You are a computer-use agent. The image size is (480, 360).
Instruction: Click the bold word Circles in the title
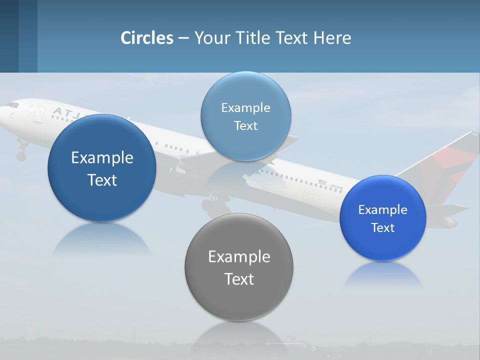pos(147,38)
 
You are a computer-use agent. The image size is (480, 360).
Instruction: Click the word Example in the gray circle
pos(239,256)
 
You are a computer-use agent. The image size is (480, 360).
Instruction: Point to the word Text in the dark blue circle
pos(102,180)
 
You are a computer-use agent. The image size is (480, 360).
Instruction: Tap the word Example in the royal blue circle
pos(383,209)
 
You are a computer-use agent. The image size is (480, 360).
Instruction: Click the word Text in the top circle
pos(245,125)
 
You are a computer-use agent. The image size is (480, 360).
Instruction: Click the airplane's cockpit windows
pos(12,105)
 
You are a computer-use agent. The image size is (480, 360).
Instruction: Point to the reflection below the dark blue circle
pos(102,240)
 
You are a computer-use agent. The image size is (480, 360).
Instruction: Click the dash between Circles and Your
pos(183,38)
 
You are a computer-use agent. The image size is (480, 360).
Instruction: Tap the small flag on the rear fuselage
pos(322,182)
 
